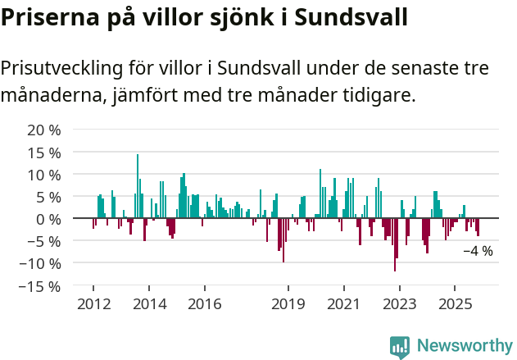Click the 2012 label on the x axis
click(93, 304)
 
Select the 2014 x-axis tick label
click(148, 304)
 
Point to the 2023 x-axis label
click(399, 304)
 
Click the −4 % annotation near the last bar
click(478, 251)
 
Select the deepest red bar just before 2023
click(395, 244)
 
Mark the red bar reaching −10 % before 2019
click(283, 240)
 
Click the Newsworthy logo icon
click(400, 347)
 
